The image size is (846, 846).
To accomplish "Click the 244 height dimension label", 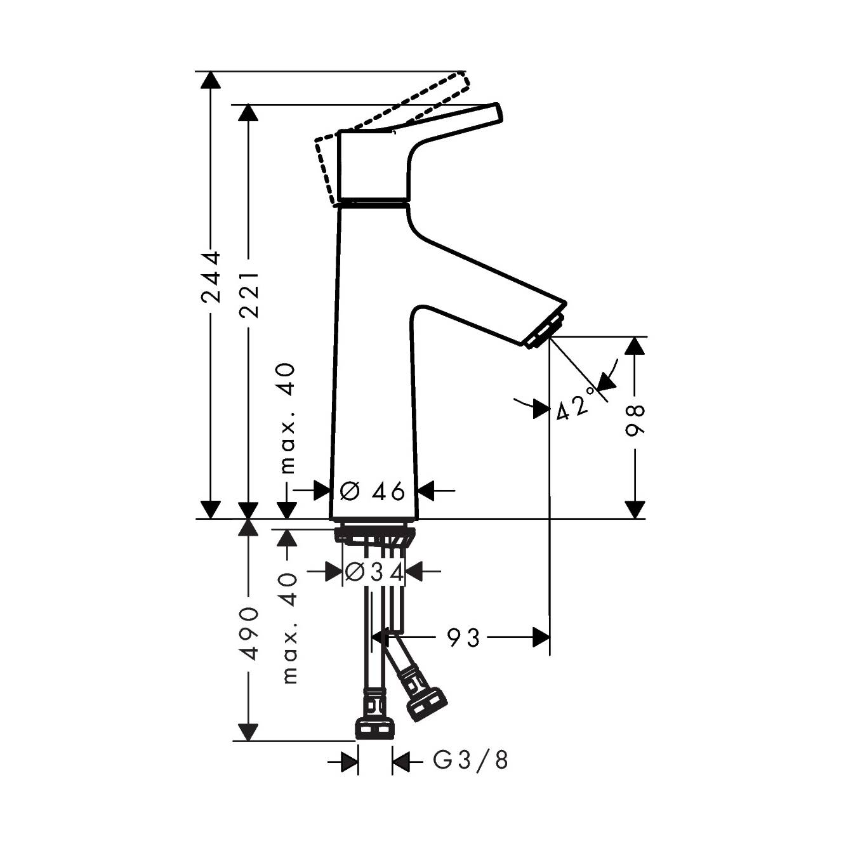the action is coord(210,277).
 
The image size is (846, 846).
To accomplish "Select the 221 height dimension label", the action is coord(249,295).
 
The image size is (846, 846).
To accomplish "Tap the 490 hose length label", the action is coord(249,633).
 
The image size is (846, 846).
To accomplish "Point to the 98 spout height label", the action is coord(635,420).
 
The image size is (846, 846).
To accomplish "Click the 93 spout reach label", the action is coord(463,637).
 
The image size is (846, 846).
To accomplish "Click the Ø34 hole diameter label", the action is coord(374,572).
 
